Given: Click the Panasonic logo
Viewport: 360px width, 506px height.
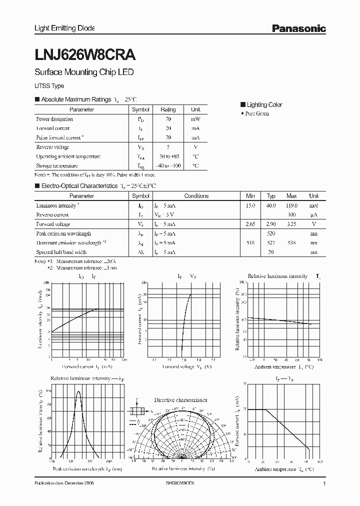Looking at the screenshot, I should point(298,28).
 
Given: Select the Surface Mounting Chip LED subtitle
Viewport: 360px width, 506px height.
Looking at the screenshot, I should point(83,72).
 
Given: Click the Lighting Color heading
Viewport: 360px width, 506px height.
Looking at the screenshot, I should point(264,104).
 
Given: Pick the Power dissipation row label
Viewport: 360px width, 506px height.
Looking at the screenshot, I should point(54,119).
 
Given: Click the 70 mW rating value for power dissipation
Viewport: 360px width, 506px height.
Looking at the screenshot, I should point(168,119).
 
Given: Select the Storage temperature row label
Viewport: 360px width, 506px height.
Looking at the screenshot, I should point(56,165).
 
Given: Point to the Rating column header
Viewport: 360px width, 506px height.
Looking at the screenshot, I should point(168,109).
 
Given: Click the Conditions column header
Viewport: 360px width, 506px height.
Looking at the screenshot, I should point(196,196).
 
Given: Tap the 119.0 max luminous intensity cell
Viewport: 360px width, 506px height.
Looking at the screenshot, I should point(291,205).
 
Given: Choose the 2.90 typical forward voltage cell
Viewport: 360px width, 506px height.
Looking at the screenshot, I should point(271,224).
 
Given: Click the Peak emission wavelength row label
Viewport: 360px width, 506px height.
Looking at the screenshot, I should point(63,233).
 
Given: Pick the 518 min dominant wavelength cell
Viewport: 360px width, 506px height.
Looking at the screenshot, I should point(250,243).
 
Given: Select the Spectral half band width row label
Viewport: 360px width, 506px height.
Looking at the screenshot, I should point(61,252).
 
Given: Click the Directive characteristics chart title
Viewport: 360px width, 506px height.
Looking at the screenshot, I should point(180,400).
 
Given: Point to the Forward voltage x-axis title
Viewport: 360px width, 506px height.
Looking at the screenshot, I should point(179,366).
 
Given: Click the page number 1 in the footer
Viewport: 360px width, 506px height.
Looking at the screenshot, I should point(324,484).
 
